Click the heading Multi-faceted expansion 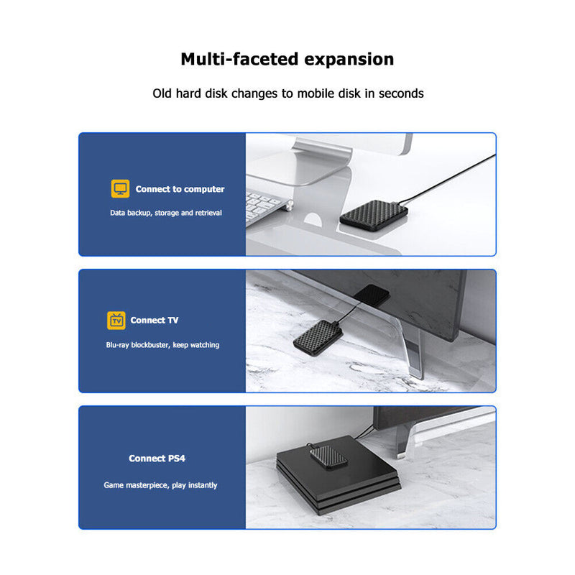[x=287, y=59]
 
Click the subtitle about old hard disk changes [x=287, y=93]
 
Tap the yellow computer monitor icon [x=120, y=189]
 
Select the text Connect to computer [x=180, y=189]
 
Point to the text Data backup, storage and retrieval [x=166, y=213]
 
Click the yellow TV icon [x=116, y=320]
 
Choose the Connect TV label [x=155, y=320]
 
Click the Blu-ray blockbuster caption [x=162, y=345]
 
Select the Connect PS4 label [x=157, y=458]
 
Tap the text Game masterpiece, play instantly [x=160, y=485]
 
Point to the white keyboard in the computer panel [x=266, y=205]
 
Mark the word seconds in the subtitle [x=400, y=93]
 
